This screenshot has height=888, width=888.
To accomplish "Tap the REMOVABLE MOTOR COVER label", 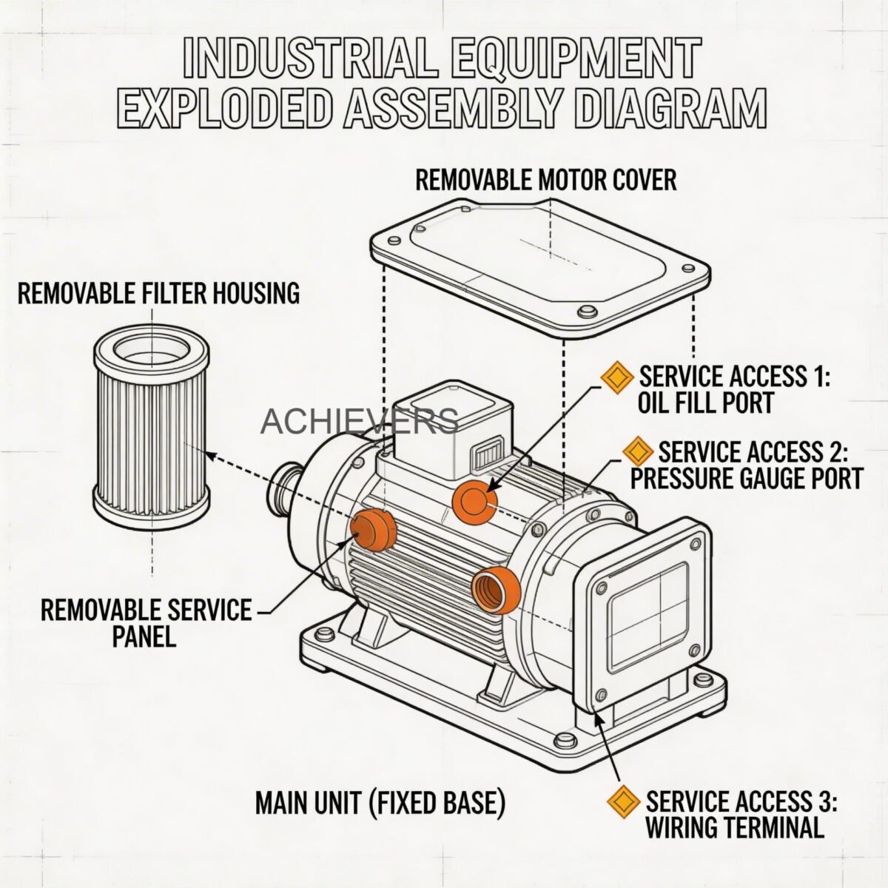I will point(545,180).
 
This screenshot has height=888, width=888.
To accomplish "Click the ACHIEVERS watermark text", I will point(360,421).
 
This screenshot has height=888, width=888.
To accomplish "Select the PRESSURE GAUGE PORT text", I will point(746,478).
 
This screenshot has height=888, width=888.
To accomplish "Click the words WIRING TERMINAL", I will point(734,827).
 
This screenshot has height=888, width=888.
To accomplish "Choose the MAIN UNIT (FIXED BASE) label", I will point(380,802).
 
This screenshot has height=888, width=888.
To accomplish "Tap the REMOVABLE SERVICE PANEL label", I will point(146,622).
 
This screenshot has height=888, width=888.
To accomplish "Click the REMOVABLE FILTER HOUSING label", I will point(158,293).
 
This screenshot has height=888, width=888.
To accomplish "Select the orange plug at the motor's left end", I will point(374,530).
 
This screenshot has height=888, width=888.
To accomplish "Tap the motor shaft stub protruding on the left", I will point(285,490).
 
